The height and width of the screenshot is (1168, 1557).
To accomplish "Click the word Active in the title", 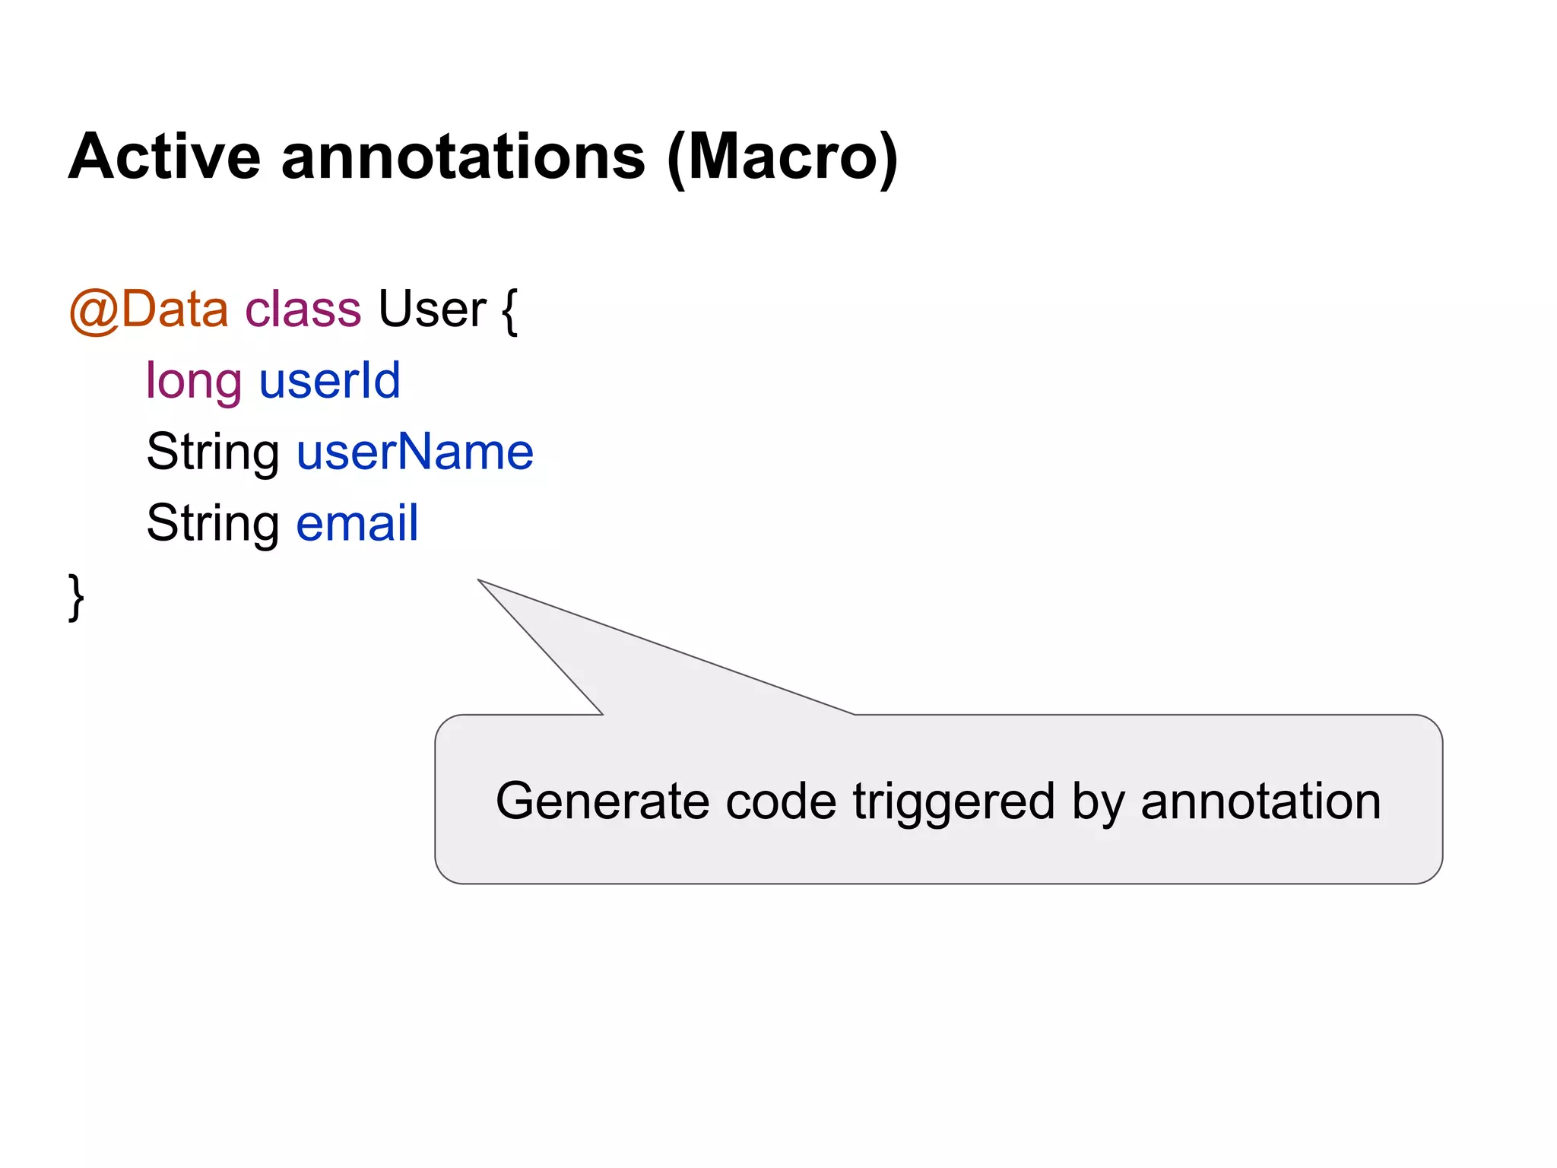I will coord(164,157).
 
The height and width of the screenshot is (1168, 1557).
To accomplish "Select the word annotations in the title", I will coord(463,157).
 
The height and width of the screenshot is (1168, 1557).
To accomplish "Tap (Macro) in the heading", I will coord(782,158).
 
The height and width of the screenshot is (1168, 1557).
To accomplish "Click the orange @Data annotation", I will coord(148,309).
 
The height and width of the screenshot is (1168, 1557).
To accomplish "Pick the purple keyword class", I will coord(303,309).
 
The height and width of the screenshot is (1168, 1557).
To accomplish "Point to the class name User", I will coord(432,309).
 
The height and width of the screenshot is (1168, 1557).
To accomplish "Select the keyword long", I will coord(194,382).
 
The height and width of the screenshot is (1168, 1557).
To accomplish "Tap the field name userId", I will coord(329,380).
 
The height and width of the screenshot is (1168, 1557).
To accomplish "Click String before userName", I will coord(213,453).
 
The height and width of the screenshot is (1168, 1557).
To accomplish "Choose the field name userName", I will coord(415,452).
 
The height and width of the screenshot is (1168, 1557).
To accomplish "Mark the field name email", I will coord(357,523).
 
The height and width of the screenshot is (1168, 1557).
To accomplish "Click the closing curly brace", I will coord(76,598).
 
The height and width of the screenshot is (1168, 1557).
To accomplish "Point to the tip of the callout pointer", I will coord(480,581).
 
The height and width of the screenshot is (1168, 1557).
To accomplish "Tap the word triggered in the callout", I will coord(953,803).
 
